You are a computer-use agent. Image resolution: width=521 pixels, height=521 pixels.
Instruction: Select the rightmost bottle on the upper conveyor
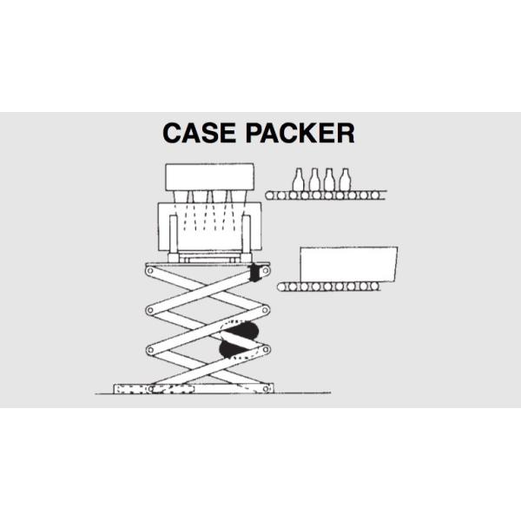345,179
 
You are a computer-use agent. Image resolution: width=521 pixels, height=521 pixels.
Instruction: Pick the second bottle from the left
314,179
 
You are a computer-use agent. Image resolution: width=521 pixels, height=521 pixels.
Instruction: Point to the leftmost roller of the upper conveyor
271,195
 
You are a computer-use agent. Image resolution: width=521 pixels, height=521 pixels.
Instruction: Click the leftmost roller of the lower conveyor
283,286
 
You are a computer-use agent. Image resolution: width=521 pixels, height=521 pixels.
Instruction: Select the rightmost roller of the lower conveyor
387,286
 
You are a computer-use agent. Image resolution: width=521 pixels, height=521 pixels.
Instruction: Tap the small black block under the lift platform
256,273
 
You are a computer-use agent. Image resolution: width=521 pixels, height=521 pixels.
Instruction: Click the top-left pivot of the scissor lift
150,271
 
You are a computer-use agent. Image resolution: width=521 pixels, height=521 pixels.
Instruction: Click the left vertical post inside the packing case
175,234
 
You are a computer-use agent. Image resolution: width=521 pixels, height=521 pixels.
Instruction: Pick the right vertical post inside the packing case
246,234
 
